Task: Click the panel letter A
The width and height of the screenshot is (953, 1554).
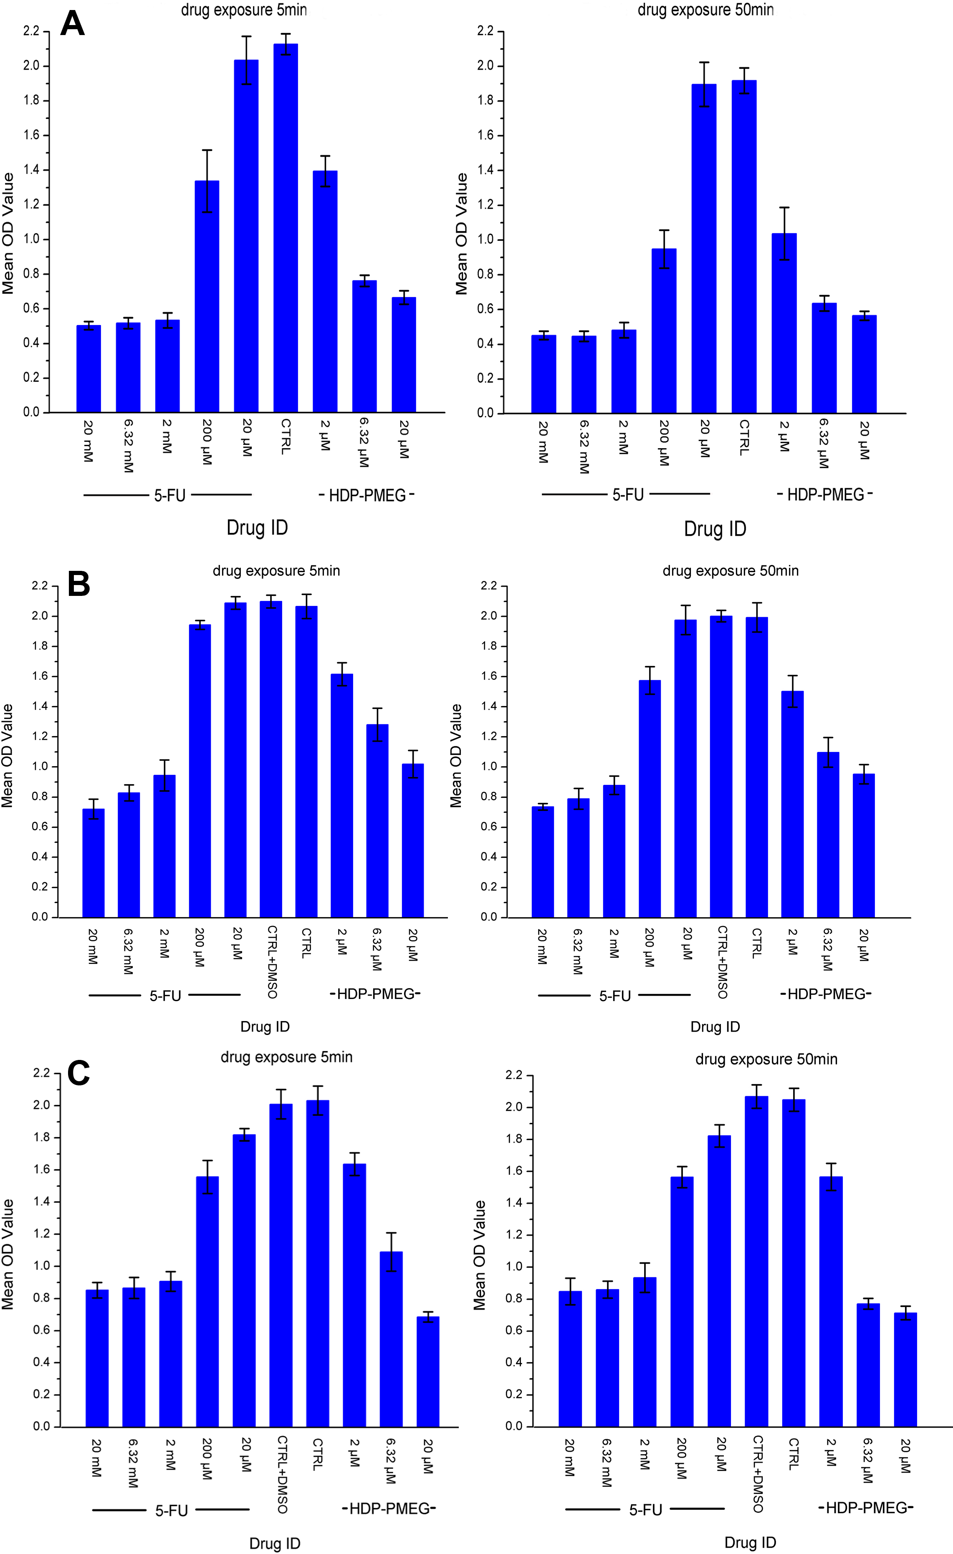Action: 73,25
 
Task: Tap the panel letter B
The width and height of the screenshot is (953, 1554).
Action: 79,584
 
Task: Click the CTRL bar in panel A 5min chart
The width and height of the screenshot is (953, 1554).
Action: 286,227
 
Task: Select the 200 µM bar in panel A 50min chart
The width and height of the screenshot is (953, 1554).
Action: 663,330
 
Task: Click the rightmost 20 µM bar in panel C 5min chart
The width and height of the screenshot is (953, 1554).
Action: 427,1371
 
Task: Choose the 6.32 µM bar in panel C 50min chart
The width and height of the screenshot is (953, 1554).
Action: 868,1365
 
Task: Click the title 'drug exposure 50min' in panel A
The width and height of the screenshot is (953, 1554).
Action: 705,10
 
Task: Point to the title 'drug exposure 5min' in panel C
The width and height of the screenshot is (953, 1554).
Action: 286,1057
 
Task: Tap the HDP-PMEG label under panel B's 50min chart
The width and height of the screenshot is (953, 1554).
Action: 826,994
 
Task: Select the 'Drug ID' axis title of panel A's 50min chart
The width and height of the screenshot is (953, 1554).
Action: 715,529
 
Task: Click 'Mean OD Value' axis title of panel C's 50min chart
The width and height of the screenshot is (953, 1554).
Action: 479,1255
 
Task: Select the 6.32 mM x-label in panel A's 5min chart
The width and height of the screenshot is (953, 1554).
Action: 128,445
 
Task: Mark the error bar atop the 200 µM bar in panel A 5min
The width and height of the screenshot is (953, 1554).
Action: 207,181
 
